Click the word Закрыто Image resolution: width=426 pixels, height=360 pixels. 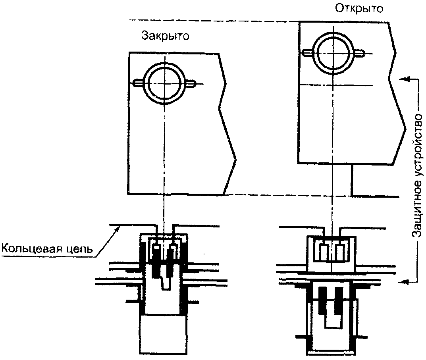(165, 36)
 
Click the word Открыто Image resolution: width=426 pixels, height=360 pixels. (359, 8)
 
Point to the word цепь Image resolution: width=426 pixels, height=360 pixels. (79, 249)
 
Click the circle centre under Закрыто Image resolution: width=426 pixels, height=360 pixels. (164, 83)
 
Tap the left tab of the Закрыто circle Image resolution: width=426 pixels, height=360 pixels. (138, 83)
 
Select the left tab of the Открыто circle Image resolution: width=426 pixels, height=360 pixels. (308, 53)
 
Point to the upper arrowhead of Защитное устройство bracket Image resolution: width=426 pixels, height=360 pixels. (404, 79)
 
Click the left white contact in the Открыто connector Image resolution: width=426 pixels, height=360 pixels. (323, 252)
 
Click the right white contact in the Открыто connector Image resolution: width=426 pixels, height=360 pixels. (339, 252)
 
